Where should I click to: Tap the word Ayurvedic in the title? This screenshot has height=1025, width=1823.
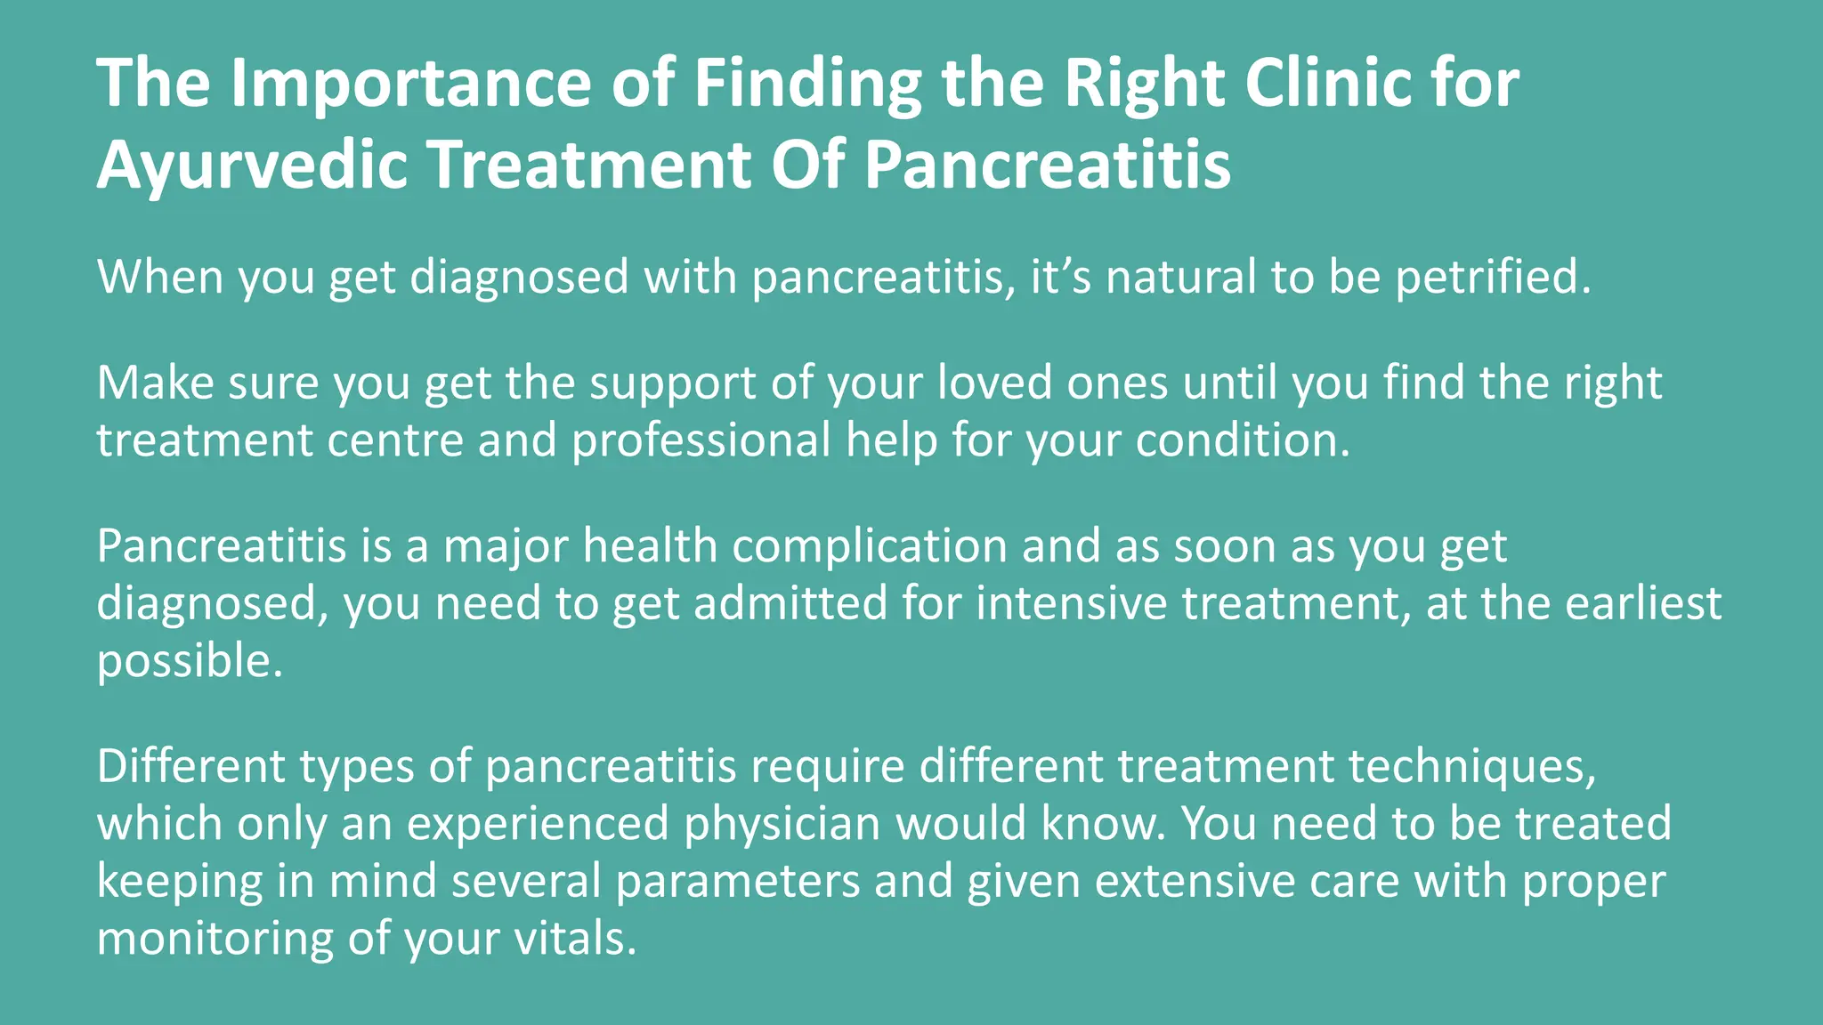252,165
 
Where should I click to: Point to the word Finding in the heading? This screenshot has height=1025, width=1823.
808,83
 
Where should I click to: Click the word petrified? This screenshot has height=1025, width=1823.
1492,277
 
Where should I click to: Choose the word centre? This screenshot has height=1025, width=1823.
395,440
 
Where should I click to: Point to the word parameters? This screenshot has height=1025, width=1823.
738,881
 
